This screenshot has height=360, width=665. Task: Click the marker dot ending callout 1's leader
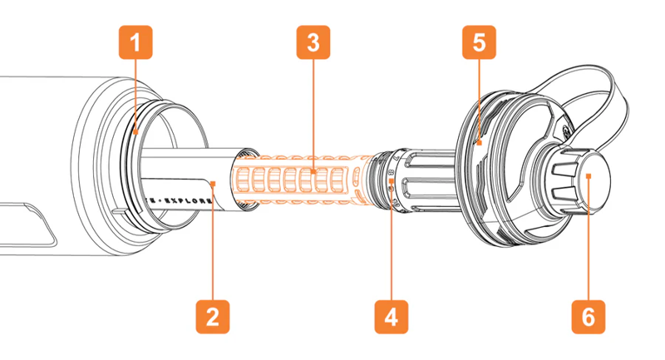coord(135,131)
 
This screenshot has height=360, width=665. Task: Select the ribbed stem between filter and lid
coord(424,179)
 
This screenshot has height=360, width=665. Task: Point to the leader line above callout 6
coord(589,241)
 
